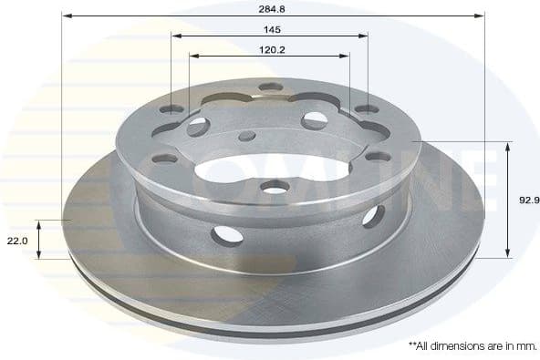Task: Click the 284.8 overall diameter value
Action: coord(273,8)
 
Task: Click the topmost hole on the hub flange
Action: coord(271,87)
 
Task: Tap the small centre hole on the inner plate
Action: coord(246,136)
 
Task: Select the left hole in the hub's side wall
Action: coord(227,234)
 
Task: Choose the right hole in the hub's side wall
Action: coord(372,216)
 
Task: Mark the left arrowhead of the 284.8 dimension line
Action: coord(66,15)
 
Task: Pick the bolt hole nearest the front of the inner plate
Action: coord(274,187)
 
